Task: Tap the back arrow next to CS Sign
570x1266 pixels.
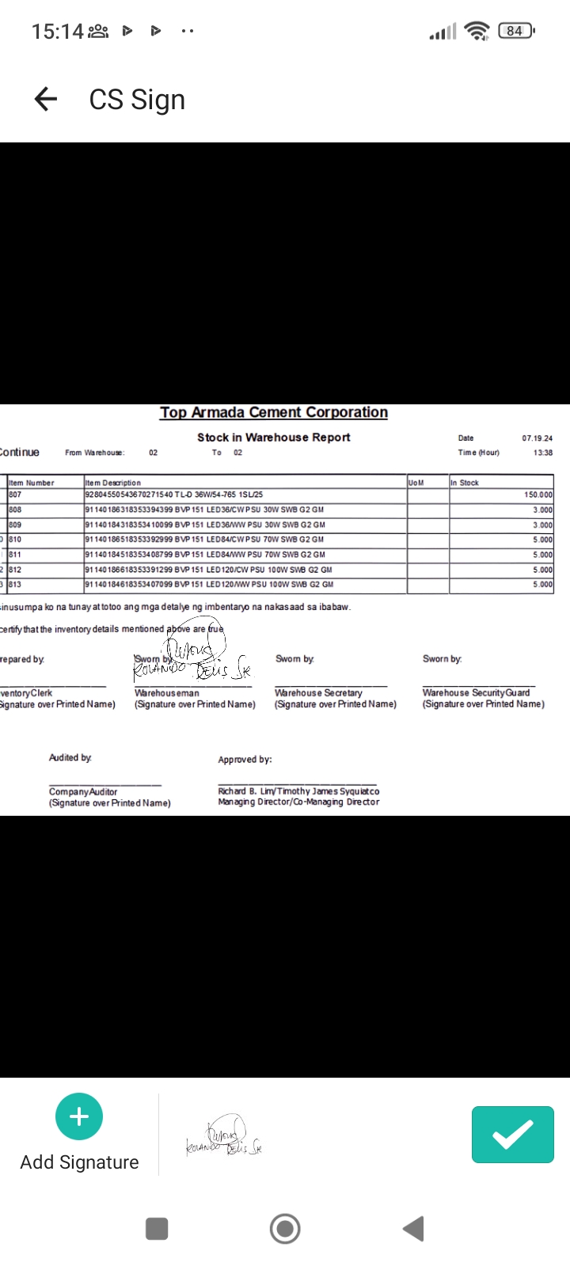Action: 46,99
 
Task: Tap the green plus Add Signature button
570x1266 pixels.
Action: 79,1116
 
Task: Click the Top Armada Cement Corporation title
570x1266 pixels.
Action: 274,412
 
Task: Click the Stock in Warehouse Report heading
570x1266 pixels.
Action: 274,437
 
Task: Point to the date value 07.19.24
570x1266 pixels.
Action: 537,438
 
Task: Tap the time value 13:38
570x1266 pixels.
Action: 542,453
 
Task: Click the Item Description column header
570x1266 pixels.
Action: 113,483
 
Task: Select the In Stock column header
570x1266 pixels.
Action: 465,483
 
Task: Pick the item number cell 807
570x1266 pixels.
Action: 16,495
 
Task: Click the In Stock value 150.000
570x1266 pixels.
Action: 538,495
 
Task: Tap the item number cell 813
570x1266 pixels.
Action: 16,585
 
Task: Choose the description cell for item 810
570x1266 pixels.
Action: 204,540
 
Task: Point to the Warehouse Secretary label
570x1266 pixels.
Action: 318,692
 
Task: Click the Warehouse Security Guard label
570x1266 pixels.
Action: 476,692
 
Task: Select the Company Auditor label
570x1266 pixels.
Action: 83,791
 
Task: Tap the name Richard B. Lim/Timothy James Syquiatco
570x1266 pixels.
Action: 298,791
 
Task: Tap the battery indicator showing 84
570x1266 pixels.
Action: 515,31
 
